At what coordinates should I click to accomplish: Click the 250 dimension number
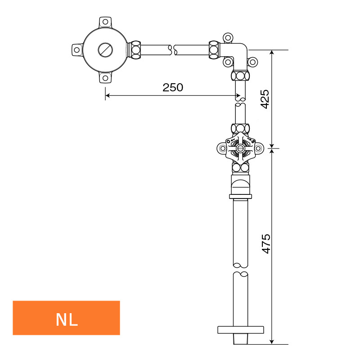point(173,87)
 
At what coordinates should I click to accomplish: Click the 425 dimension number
point(265,99)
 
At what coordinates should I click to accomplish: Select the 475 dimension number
point(266,244)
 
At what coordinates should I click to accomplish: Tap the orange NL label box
point(66,318)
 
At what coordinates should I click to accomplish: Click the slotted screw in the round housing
point(105,50)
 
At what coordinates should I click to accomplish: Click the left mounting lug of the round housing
point(77,50)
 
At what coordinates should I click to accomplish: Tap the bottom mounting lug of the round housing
point(105,77)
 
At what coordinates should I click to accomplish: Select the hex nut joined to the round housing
point(135,50)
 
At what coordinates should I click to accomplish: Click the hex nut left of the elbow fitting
point(215,50)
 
